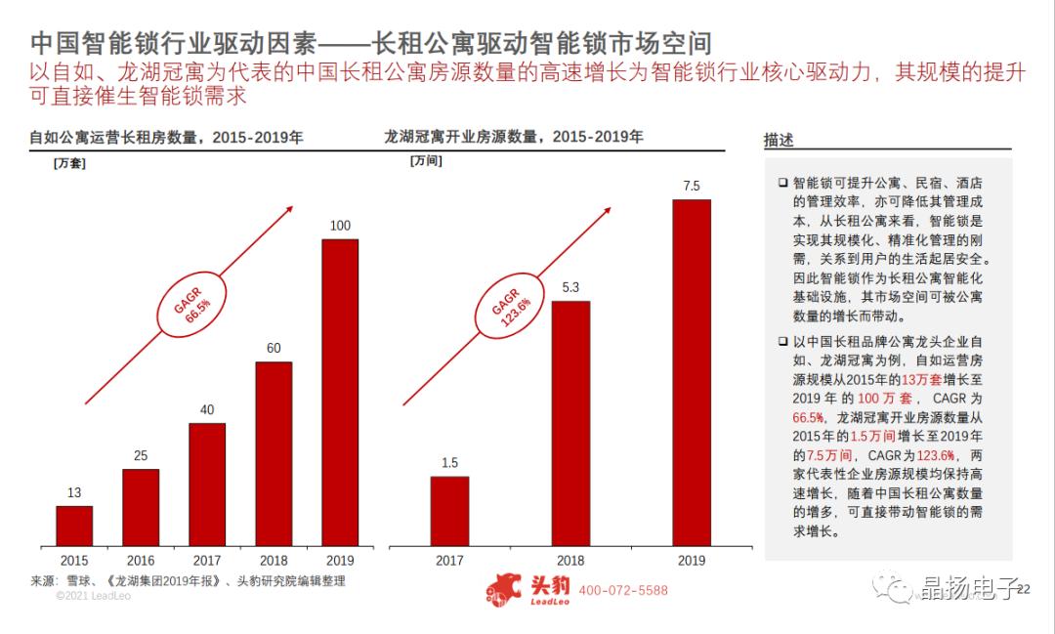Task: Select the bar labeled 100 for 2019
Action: [x=340, y=392]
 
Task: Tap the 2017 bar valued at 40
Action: [x=207, y=484]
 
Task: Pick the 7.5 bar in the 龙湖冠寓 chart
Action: [x=692, y=372]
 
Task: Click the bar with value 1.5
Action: [x=449, y=511]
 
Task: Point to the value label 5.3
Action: [x=570, y=287]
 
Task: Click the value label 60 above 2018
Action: [x=274, y=348]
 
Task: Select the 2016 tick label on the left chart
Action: [x=141, y=561]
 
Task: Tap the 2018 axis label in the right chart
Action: [x=570, y=561]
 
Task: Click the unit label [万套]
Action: [x=69, y=163]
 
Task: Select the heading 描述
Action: [x=779, y=141]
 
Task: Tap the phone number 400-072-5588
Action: [x=623, y=591]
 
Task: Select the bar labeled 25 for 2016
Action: [x=141, y=507]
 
